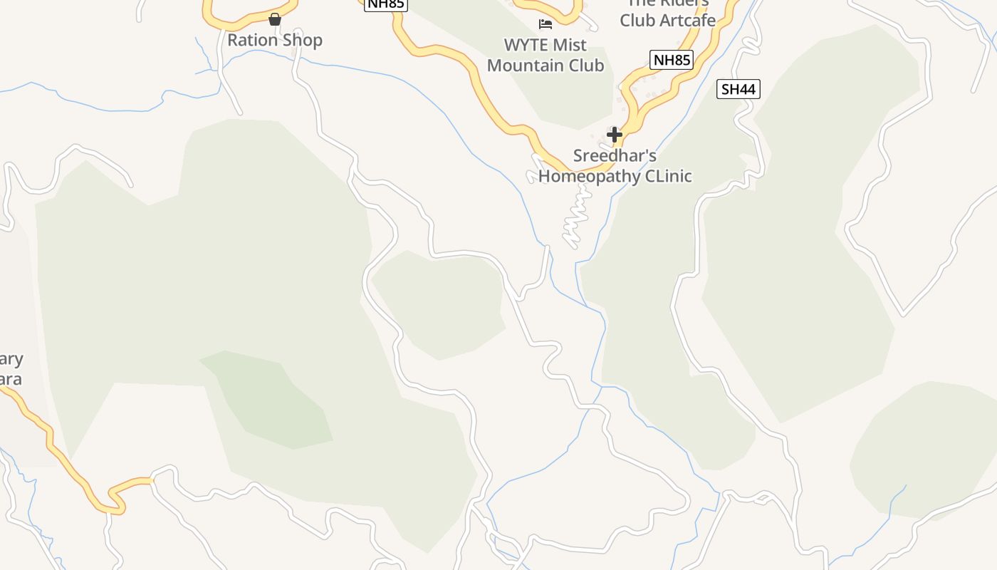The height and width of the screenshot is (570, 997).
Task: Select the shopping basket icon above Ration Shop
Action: click(x=275, y=19)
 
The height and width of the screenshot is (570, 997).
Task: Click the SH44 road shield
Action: click(x=738, y=89)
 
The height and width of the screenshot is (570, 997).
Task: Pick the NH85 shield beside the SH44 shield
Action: click(x=671, y=60)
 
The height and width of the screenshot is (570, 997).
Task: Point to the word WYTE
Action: click(x=526, y=45)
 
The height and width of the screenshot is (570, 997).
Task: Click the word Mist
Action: click(x=569, y=45)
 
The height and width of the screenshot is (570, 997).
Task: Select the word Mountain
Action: click(x=523, y=66)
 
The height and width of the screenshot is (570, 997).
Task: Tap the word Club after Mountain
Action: click(x=585, y=66)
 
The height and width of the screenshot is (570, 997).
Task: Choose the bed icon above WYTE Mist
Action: click(x=546, y=24)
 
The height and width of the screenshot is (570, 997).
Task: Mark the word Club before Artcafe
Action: click(x=635, y=21)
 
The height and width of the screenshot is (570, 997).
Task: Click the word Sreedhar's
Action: click(x=615, y=155)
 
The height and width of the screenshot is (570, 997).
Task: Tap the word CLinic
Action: click(x=668, y=176)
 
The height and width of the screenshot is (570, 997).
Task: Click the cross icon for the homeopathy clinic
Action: click(x=614, y=134)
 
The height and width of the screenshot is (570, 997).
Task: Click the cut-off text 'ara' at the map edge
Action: click(x=10, y=378)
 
